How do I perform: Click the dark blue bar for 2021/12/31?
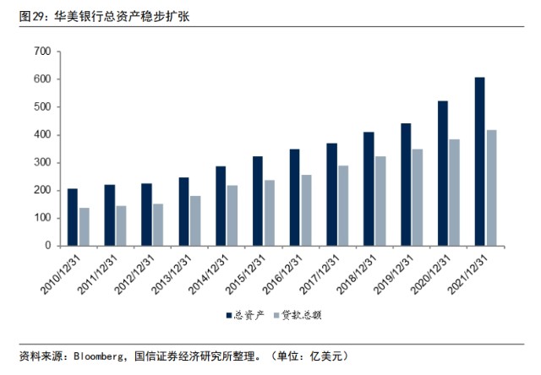[479, 161]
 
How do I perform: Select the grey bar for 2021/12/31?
[491, 188]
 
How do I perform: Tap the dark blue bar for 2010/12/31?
[73, 218]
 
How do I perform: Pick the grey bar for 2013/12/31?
[195, 221]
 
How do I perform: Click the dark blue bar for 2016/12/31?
[295, 198]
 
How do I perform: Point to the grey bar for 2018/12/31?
[380, 201]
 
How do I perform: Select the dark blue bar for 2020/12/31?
[443, 174]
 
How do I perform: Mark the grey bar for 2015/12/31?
[270, 213]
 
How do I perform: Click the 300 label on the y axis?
[43, 162]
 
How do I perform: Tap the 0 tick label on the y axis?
[48, 246]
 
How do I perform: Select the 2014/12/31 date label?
[209, 274]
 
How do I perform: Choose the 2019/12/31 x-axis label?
[394, 274]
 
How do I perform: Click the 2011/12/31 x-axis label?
[98, 274]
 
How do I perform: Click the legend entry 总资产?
[245, 315]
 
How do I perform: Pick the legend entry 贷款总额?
[298, 315]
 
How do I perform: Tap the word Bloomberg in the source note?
[98, 356]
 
